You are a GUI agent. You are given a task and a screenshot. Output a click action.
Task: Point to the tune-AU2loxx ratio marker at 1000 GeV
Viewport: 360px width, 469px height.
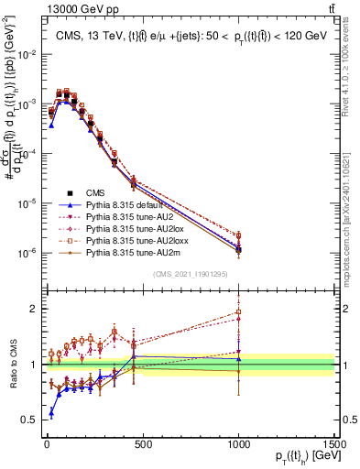pos(238,312)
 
